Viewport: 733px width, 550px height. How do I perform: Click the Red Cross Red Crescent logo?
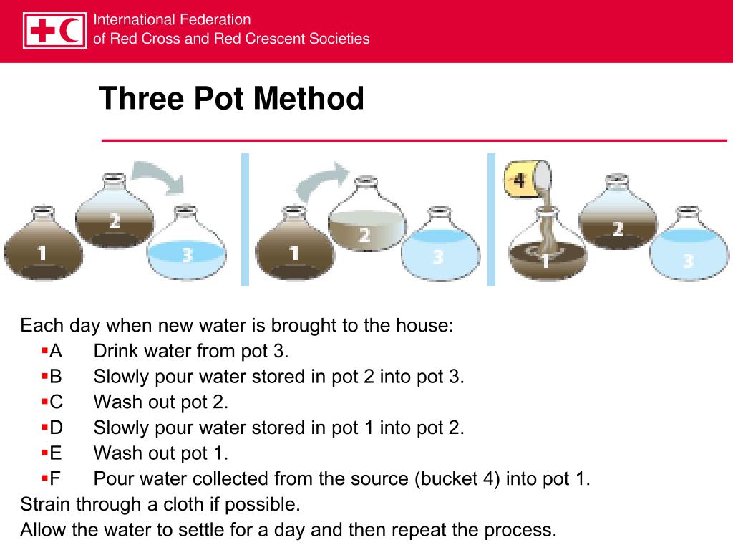click(54, 30)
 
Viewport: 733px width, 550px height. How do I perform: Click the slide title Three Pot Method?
click(231, 98)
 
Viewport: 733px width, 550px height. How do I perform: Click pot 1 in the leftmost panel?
click(43, 245)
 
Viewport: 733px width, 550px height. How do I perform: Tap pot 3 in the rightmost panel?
click(689, 247)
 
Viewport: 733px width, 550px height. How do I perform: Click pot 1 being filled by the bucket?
click(547, 247)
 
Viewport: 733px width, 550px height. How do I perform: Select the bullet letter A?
click(56, 351)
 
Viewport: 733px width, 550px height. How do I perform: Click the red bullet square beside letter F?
click(44, 478)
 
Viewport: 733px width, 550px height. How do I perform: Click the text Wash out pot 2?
click(161, 402)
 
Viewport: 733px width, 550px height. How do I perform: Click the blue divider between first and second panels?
click(245, 220)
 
